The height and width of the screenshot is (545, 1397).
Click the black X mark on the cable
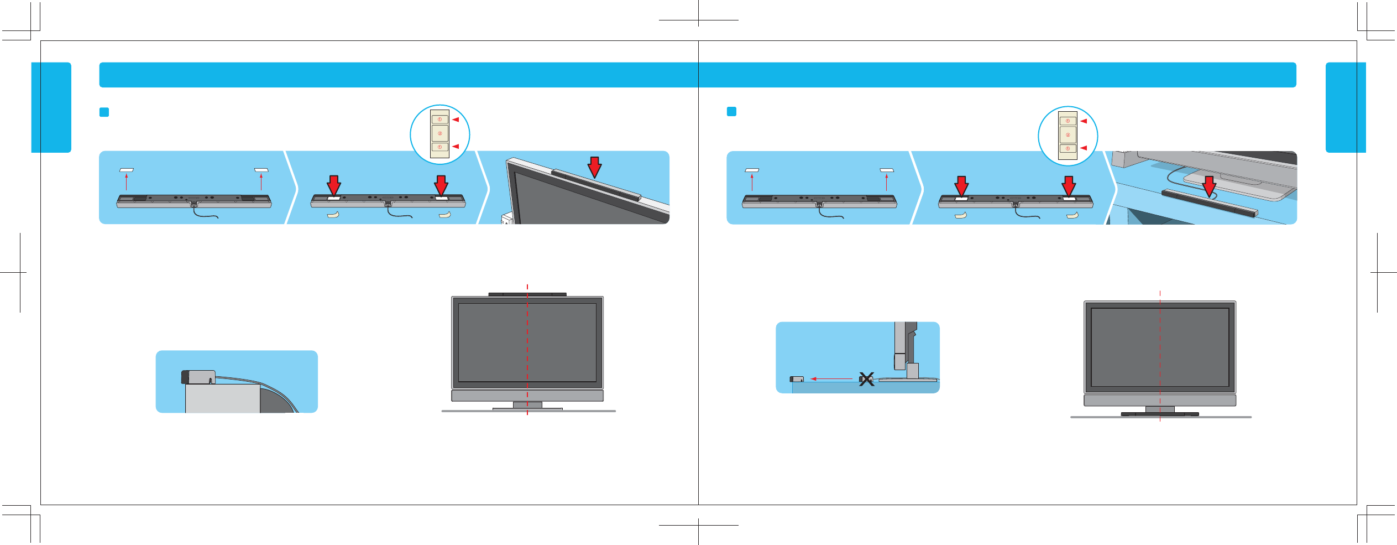coord(866,380)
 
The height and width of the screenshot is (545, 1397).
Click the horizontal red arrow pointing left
coord(831,379)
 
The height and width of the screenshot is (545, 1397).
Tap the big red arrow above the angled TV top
coord(594,167)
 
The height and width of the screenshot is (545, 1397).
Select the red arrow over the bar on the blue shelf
coord(1209,186)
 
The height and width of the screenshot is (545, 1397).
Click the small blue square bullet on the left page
coord(104,112)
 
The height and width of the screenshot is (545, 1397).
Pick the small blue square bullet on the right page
coord(731,112)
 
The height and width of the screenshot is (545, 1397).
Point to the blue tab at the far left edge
coord(51,107)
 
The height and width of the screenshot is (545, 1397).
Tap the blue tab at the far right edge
coord(1346,107)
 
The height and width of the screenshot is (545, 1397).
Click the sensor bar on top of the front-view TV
coord(527,294)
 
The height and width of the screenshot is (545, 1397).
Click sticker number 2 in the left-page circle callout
coord(440,133)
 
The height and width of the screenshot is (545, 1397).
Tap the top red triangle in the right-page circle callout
coord(1084,121)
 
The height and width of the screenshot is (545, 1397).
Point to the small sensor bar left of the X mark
coord(797,379)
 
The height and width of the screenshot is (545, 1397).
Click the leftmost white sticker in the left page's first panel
coord(127,170)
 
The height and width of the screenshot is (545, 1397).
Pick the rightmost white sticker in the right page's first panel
coord(887,170)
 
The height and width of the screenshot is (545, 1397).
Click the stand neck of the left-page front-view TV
coord(527,405)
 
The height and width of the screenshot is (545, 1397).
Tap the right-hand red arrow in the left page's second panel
coord(441,185)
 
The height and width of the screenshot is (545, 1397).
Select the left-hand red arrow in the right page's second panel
coord(961,186)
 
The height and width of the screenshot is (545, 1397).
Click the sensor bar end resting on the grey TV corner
coord(198,377)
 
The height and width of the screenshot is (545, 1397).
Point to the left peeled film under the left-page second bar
coord(333,215)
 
